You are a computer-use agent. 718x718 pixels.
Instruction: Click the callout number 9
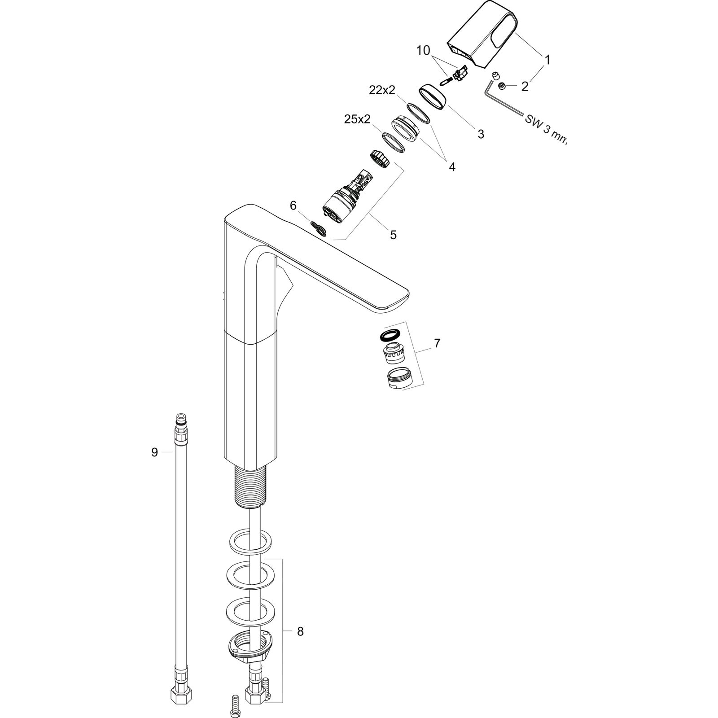click(154, 452)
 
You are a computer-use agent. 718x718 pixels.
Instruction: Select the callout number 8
click(300, 631)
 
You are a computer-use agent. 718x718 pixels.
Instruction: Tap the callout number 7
click(437, 343)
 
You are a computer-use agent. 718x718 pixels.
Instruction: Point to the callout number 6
click(293, 206)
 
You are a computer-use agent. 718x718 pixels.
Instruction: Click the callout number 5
click(393, 235)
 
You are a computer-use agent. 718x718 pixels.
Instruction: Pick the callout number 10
click(423, 50)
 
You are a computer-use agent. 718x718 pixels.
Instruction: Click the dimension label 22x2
click(382, 90)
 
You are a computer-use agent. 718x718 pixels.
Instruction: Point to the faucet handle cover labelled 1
click(482, 36)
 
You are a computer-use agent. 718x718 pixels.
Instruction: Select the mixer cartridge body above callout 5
click(340, 201)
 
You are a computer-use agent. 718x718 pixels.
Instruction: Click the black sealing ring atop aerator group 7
click(389, 335)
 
